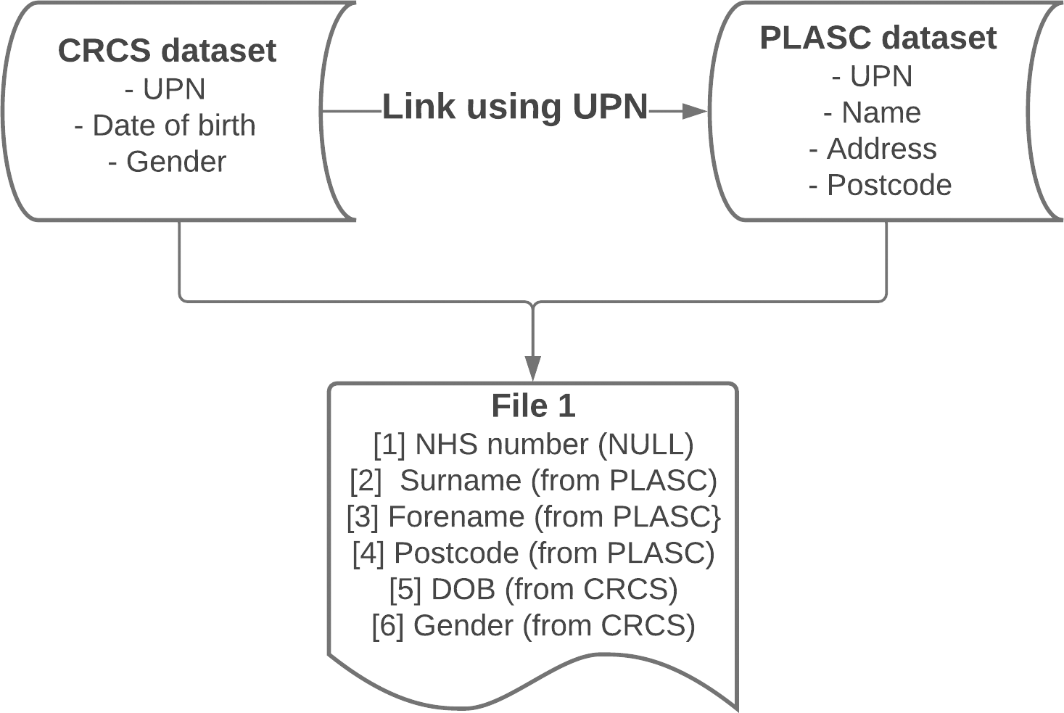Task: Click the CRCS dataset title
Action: click(x=168, y=50)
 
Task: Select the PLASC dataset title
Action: click(x=878, y=38)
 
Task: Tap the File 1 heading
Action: click(x=533, y=406)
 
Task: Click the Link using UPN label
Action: click(x=516, y=107)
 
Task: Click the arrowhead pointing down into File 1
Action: click(x=533, y=368)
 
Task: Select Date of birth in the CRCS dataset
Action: click(x=165, y=125)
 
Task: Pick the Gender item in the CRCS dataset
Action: click(x=168, y=162)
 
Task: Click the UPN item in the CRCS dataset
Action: click(x=165, y=88)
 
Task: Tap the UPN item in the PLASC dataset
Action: click(x=872, y=76)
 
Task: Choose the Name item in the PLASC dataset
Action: click(x=872, y=112)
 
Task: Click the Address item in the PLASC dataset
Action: click(x=873, y=149)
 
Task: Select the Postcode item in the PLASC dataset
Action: click(x=881, y=185)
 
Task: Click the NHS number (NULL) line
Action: click(x=533, y=445)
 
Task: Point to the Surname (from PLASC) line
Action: click(x=533, y=481)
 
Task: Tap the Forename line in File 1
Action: click(x=533, y=517)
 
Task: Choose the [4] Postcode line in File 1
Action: click(x=533, y=553)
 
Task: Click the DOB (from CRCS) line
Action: click(x=533, y=589)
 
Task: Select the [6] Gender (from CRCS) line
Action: click(x=533, y=625)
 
